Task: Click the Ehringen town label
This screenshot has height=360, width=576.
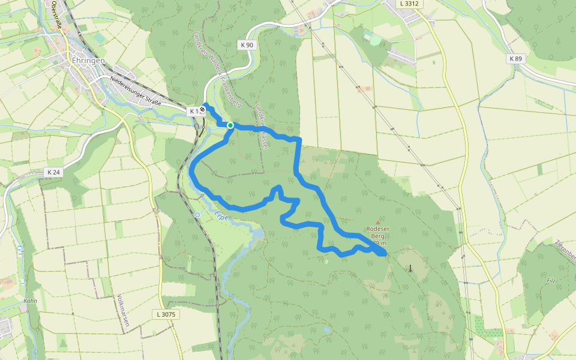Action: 89,61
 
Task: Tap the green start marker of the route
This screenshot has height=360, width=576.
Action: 230,125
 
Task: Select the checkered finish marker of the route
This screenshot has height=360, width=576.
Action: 203,109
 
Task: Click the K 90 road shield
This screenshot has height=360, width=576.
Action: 246,45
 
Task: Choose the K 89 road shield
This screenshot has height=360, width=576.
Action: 515,58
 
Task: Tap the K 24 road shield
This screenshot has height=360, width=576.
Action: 53,172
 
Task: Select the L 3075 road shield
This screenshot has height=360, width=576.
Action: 165,314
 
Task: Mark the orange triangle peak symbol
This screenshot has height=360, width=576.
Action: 377,222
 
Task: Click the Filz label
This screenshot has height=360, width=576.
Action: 551,280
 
